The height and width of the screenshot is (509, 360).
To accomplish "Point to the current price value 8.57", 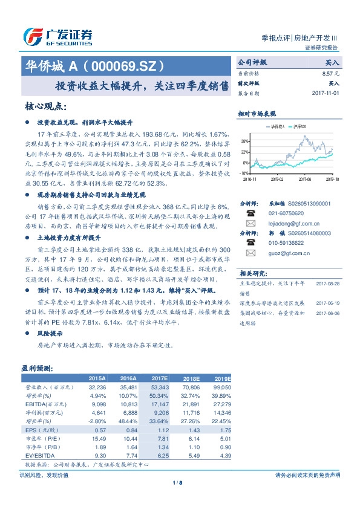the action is [x=327, y=73].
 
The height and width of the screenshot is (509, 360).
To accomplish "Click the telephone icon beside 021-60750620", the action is [x=250, y=213].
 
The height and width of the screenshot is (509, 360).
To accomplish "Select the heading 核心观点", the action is [x=45, y=106].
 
